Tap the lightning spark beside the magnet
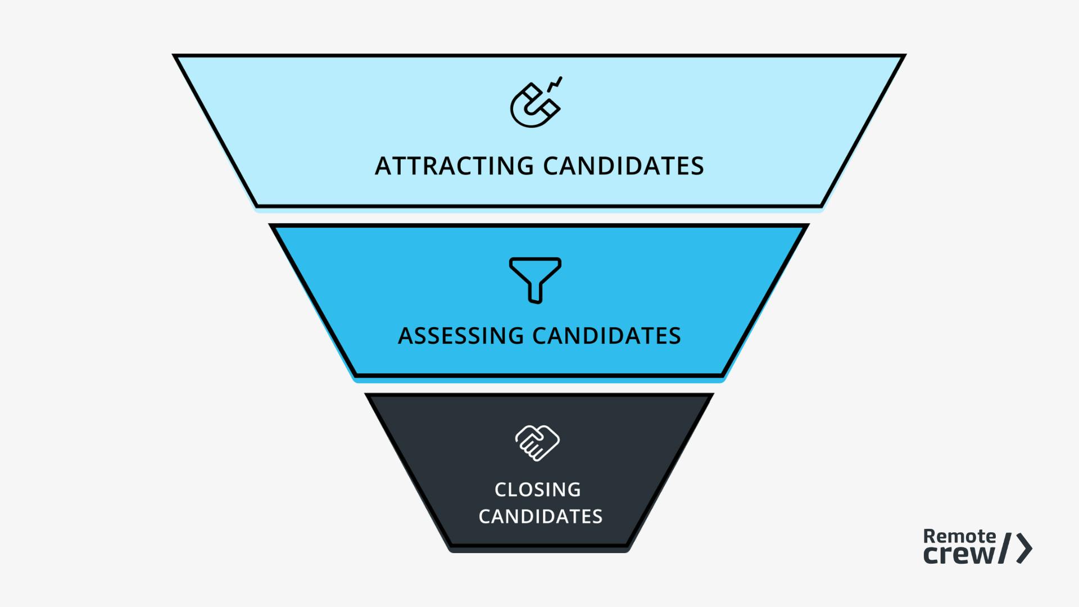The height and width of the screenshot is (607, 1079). [555, 84]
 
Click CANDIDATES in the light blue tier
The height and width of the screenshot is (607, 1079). [623, 166]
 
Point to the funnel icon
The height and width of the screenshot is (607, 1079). [535, 279]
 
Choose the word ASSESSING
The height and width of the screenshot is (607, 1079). [461, 336]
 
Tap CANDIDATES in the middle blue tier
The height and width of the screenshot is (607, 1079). [606, 336]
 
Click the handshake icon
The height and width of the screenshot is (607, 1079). [537, 443]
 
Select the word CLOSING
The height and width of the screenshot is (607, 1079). [538, 490]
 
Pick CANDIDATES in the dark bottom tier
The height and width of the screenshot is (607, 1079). [540, 517]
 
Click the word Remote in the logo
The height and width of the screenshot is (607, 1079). [959, 536]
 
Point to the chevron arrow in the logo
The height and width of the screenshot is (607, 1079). [1025, 549]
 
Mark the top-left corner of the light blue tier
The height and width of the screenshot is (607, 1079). [175, 56]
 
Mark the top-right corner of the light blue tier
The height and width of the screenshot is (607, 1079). [904, 56]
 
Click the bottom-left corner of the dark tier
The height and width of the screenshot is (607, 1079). [451, 545]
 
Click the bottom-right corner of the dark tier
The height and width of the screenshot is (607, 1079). [627, 545]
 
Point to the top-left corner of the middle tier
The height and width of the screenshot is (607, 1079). [271, 225]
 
